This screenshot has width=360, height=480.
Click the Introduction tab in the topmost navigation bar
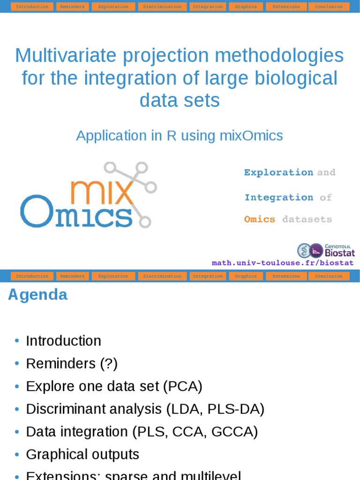coord(32,7)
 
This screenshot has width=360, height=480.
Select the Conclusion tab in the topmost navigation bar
coord(329,7)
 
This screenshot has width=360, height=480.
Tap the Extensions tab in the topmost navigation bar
coord(286,7)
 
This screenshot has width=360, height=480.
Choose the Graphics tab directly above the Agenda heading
coord(246,276)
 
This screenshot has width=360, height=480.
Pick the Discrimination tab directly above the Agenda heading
coord(162,276)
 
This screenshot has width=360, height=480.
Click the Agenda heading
coord(38,295)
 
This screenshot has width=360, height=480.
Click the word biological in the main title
coord(292,78)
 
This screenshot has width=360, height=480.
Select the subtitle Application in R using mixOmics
coord(180,136)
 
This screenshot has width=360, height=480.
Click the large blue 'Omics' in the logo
coord(76,213)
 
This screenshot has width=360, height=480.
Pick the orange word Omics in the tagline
coord(260,219)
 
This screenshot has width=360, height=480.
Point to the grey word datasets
coord(307,219)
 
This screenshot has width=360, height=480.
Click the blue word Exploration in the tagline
coord(278,172)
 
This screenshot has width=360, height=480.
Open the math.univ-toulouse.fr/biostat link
coord(283,263)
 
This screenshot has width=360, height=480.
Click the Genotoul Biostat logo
coord(326,250)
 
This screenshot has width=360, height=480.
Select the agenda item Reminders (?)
coord(72,363)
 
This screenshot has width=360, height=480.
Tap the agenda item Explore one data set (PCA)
coord(114,386)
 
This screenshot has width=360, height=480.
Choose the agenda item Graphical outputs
coord(82,454)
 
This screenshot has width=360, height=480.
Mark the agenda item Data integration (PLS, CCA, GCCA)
coord(142,432)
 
